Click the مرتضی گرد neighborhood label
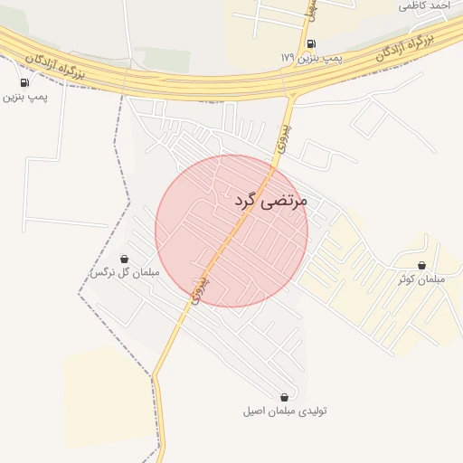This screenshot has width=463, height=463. [x=270, y=200]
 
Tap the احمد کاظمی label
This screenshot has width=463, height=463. [x=427, y=5]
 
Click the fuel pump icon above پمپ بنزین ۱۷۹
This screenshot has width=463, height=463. [x=311, y=43]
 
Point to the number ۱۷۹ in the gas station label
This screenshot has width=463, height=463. [x=288, y=58]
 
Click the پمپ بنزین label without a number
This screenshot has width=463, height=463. [x=24, y=96]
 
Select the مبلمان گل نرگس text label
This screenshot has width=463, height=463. [x=125, y=272]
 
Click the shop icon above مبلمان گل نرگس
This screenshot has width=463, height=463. [x=124, y=259]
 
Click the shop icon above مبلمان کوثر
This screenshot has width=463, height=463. [x=422, y=266]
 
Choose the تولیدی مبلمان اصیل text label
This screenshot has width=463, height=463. [x=285, y=411]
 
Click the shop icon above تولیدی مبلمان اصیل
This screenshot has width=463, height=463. [x=285, y=397]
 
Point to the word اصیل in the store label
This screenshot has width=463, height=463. [x=255, y=411]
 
